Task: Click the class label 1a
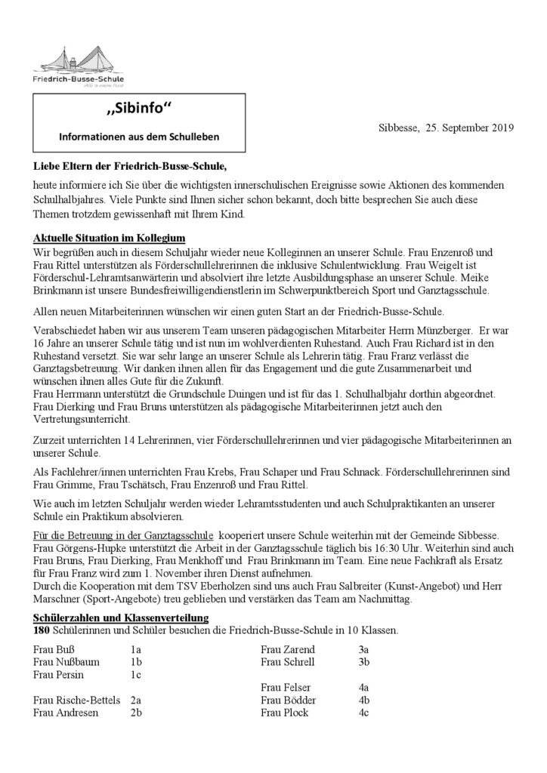point(136,649)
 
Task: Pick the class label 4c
point(363,713)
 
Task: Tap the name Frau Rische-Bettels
point(77,701)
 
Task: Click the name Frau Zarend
point(289,649)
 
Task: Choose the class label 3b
point(364,662)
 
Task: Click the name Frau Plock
point(285,713)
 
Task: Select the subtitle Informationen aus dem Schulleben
point(140,137)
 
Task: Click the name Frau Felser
point(286,688)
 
